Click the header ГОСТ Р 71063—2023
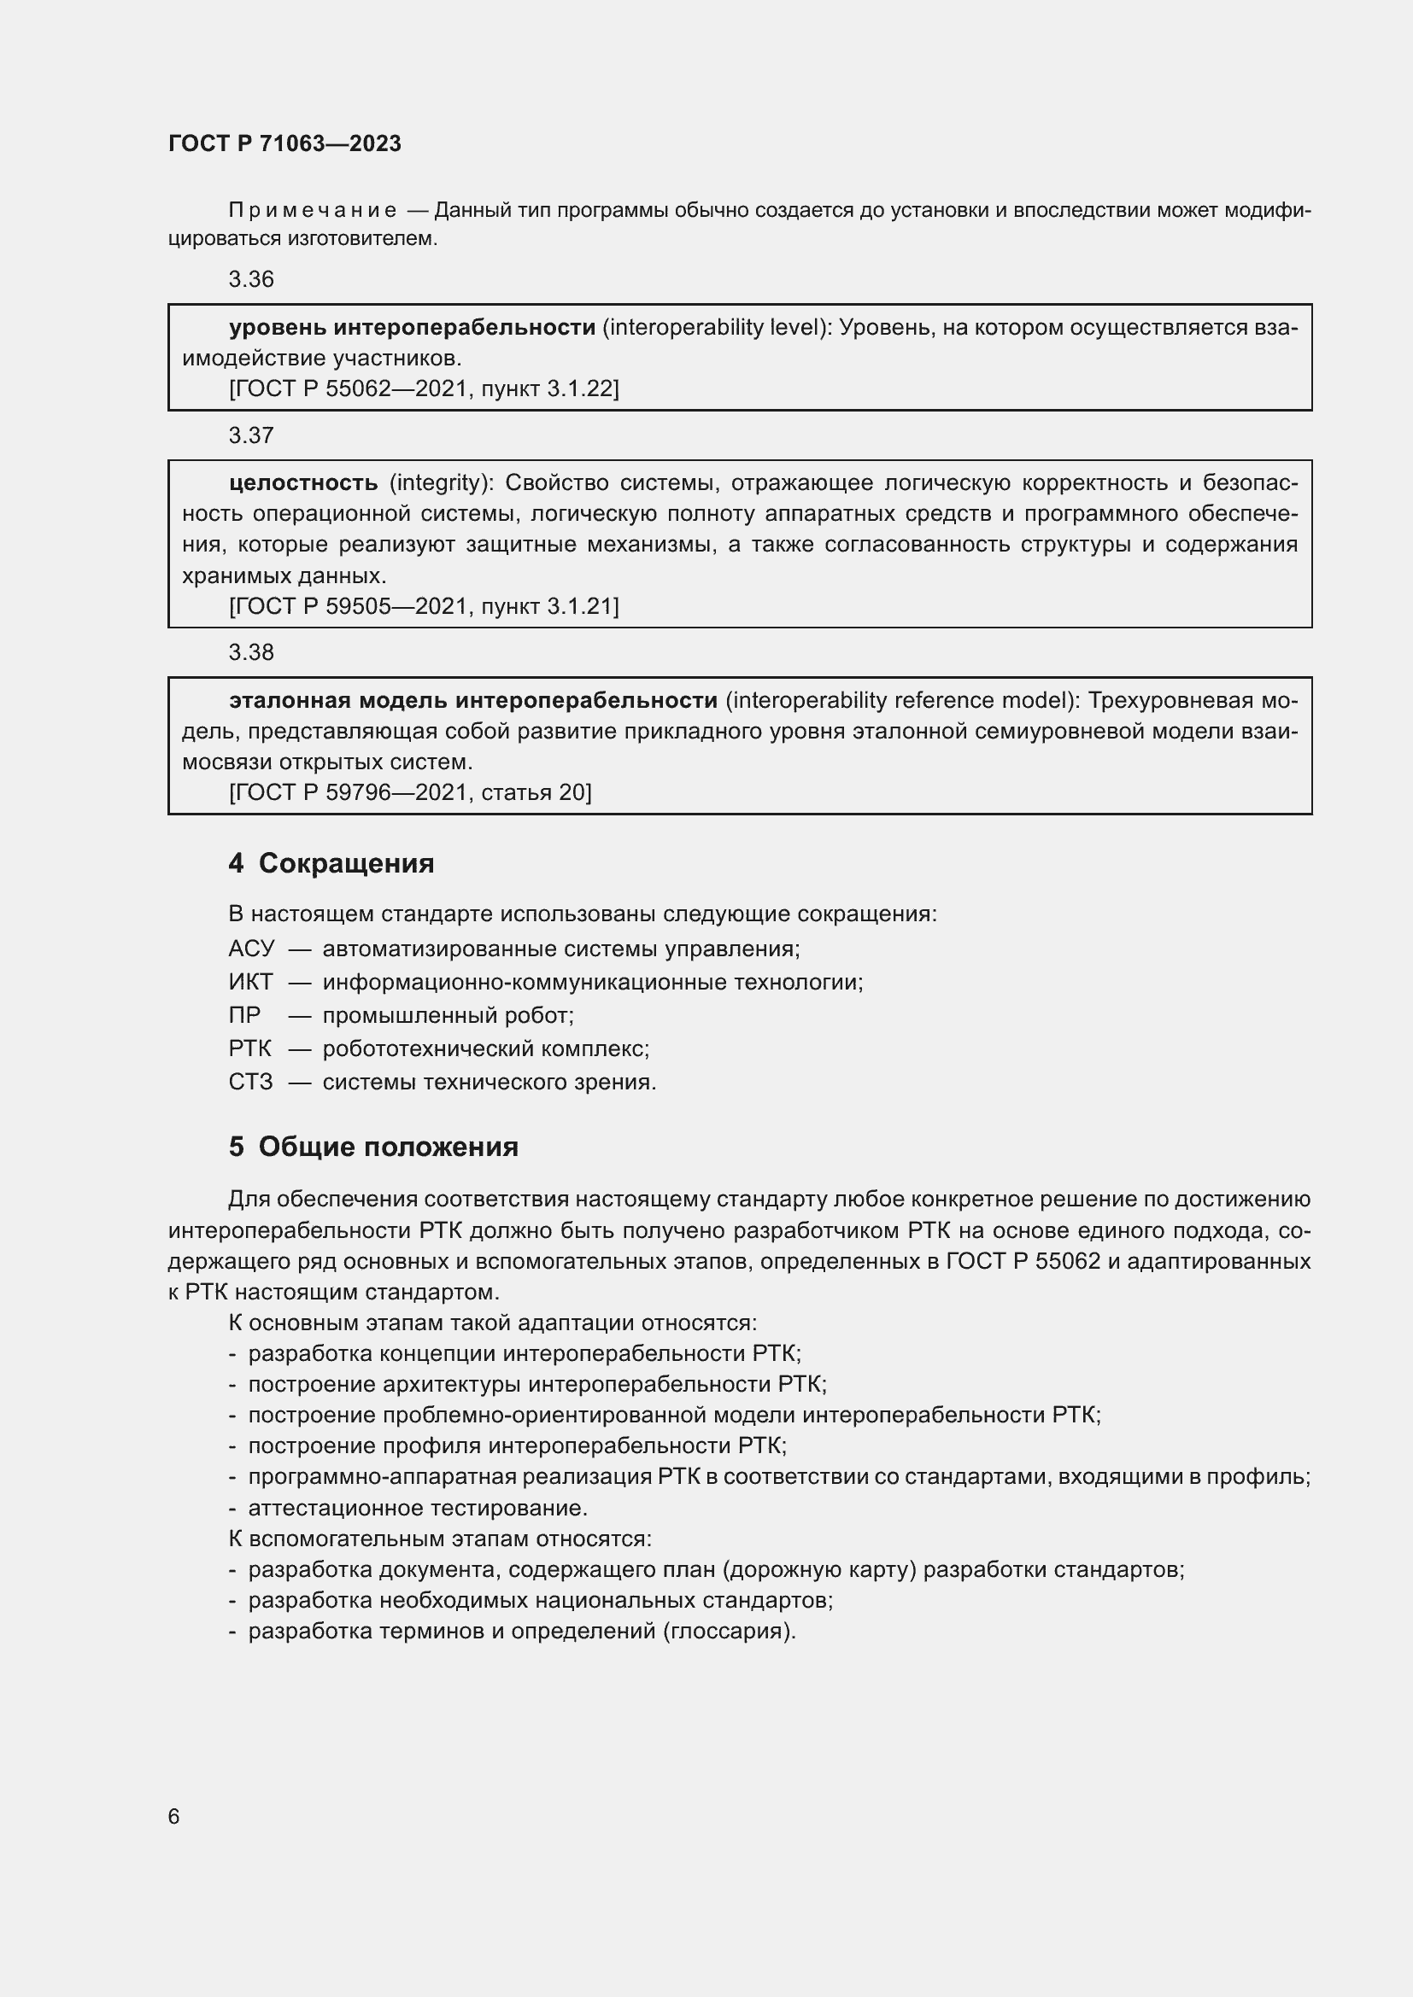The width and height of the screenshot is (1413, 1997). click(x=284, y=143)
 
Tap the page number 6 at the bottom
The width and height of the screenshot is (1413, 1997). click(x=174, y=1816)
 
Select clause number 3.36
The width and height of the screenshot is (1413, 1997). click(x=250, y=279)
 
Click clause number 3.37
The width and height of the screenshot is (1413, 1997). click(x=250, y=435)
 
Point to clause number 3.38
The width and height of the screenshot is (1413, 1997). click(x=250, y=652)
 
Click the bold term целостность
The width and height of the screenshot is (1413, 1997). click(x=303, y=482)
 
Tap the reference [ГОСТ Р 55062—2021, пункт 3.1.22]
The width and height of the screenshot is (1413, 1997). click(x=424, y=388)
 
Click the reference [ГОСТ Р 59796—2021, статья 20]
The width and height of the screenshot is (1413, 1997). click(x=410, y=792)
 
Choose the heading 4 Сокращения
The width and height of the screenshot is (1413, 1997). click(x=331, y=863)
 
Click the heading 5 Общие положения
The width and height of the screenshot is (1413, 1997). click(x=373, y=1147)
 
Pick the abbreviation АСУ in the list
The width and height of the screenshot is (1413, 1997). click(x=250, y=949)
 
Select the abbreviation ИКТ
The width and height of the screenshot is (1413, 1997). click(x=250, y=982)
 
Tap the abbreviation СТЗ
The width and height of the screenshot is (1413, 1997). click(x=250, y=1082)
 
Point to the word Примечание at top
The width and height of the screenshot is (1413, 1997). click(x=313, y=211)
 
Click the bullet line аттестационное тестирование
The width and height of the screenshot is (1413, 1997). click(x=418, y=1508)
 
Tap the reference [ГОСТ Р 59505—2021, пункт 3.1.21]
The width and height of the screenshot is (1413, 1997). click(x=424, y=606)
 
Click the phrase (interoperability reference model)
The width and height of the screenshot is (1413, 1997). click(x=901, y=700)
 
